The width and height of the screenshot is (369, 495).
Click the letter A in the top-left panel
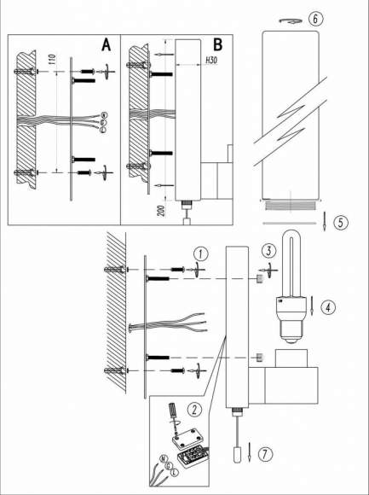(x=107, y=45)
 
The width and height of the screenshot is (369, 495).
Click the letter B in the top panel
(x=218, y=45)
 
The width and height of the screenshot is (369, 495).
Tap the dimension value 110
(x=52, y=61)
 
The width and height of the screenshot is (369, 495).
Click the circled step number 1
(x=198, y=253)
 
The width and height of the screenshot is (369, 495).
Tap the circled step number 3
(x=268, y=250)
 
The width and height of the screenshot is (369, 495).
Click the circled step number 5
(x=339, y=224)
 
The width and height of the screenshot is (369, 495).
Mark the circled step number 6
(x=317, y=19)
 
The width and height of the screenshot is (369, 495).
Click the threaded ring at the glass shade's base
(x=291, y=206)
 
